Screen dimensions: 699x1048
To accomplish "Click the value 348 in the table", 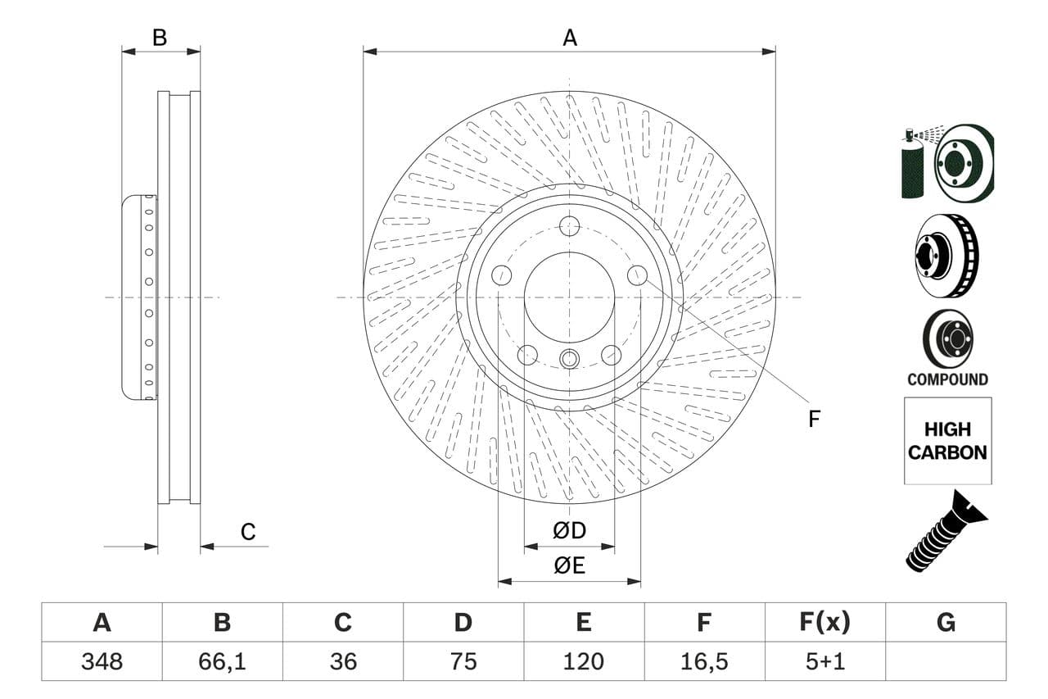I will [x=102, y=661].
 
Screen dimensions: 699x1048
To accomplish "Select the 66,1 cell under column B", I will [x=222, y=661].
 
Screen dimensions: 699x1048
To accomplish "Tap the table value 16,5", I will [x=704, y=661].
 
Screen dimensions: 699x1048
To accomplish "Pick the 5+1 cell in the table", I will [x=824, y=661].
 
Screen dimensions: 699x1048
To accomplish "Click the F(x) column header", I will [x=824, y=623].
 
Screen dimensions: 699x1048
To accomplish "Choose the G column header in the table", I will [x=946, y=623].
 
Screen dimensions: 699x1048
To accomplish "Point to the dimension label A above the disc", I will [x=569, y=38].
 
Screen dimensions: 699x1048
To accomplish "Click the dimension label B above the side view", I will [x=160, y=38].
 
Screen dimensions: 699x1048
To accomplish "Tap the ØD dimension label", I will [x=569, y=531].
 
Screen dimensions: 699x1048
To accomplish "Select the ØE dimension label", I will [x=569, y=566].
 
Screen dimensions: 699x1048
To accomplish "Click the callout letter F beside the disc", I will [x=813, y=420].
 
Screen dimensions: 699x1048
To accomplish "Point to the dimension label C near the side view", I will [x=248, y=532].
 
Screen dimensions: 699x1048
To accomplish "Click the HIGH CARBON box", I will [x=947, y=441].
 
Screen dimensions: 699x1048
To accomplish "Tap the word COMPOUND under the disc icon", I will [x=947, y=379].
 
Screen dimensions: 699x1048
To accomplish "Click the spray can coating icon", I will [x=913, y=164].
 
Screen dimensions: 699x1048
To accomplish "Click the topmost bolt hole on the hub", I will [x=569, y=226].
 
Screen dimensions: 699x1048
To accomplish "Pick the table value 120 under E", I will [x=583, y=661].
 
